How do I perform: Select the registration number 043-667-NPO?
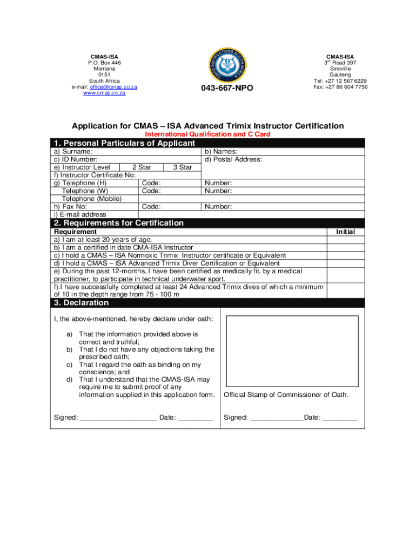point(227,88)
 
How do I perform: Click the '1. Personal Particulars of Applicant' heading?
point(124,143)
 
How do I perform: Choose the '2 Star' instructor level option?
point(141,167)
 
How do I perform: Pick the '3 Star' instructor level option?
point(182,167)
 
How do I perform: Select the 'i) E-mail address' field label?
point(79,214)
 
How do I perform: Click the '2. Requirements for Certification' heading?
point(118,223)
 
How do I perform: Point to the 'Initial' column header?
point(345,232)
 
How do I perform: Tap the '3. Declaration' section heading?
point(81,303)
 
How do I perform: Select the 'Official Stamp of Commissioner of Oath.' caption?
point(286,395)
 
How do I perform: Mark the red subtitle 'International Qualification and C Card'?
point(208,134)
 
